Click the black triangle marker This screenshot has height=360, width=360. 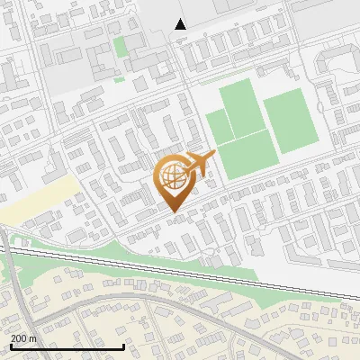coord(181,23)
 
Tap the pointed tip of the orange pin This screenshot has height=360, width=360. coord(172,211)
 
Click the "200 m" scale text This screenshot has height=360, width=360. coord(23,338)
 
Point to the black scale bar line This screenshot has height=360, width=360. coord(67,346)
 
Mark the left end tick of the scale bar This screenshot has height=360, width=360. coord(11,345)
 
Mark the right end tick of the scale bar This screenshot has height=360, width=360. coord(123,345)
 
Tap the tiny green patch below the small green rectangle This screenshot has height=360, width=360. coord(119,78)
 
